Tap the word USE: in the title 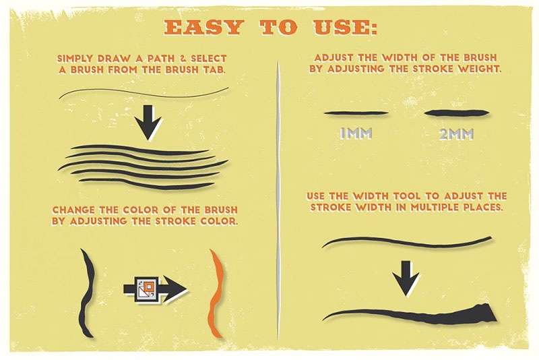(x=345, y=28)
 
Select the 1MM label (x=356, y=133)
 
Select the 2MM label (x=457, y=133)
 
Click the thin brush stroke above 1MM (x=356, y=113)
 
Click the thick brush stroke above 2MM (x=457, y=113)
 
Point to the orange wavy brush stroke (x=216, y=293)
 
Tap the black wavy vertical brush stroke (x=87, y=293)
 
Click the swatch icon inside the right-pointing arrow (x=146, y=289)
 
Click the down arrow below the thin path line (x=148, y=123)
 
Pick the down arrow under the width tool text (x=406, y=278)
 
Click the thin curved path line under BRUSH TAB (x=144, y=92)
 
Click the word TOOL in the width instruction (x=407, y=196)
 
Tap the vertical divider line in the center (x=278, y=200)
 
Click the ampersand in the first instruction (x=183, y=59)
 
